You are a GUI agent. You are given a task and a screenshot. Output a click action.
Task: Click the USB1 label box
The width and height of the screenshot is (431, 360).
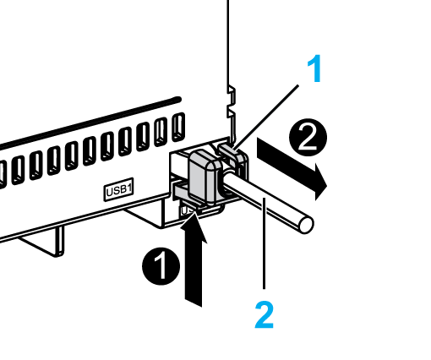pyautogui.click(x=118, y=189)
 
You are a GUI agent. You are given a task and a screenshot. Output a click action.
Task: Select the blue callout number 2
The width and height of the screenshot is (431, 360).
pyautogui.click(x=265, y=314)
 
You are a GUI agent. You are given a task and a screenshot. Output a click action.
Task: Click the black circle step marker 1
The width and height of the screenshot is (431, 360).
pyautogui.click(x=161, y=266)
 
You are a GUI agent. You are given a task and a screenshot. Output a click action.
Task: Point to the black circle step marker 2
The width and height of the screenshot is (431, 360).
pyautogui.click(x=308, y=138)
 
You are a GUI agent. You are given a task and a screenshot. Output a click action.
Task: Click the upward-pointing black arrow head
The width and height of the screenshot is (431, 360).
pyautogui.click(x=194, y=226)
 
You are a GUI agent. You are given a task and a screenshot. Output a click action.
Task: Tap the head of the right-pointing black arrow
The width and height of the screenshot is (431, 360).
pyautogui.click(x=319, y=182)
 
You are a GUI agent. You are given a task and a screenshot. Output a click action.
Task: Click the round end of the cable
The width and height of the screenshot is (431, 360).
pyautogui.click(x=306, y=224)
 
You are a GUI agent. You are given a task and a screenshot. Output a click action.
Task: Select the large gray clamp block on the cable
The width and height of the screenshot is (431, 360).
pyautogui.click(x=205, y=176)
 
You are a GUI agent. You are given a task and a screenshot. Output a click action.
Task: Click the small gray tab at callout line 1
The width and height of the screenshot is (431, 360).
pyautogui.click(x=229, y=150)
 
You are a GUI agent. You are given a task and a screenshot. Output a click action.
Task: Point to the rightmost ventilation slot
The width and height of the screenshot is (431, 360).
pyautogui.click(x=178, y=127)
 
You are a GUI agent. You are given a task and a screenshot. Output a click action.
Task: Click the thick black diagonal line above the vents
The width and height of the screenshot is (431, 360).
pyautogui.click(x=90, y=123)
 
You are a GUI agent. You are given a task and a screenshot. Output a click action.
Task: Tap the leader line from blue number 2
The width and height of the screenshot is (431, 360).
pyautogui.click(x=264, y=243)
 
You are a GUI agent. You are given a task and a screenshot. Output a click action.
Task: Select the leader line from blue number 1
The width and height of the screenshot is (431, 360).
pyautogui.click(x=266, y=116)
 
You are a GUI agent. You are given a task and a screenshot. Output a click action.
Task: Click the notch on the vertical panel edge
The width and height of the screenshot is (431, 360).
pyautogui.click(x=232, y=102)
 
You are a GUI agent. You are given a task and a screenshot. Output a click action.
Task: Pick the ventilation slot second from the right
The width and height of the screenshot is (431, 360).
pyautogui.click(x=161, y=132)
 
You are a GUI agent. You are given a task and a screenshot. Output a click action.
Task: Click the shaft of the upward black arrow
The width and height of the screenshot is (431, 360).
pyautogui.click(x=194, y=272)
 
